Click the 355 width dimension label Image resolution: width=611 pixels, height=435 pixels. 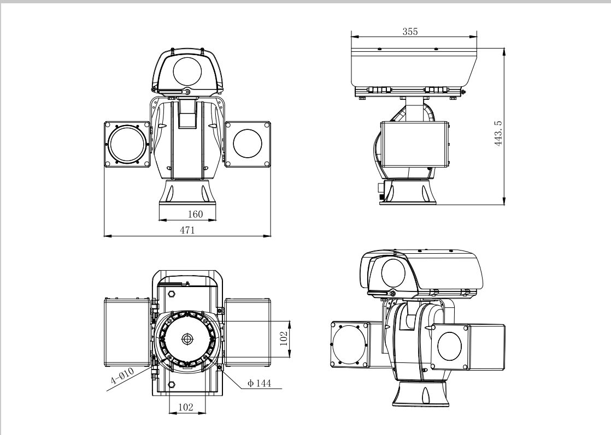pos(410,32)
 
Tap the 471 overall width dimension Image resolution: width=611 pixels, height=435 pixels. pos(187,231)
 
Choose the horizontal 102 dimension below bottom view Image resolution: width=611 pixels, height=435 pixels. pos(187,407)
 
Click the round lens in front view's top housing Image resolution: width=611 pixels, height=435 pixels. pos(188,71)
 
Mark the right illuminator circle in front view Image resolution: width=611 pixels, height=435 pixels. pos(248,144)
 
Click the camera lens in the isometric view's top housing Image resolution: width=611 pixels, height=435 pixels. pos(393,273)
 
